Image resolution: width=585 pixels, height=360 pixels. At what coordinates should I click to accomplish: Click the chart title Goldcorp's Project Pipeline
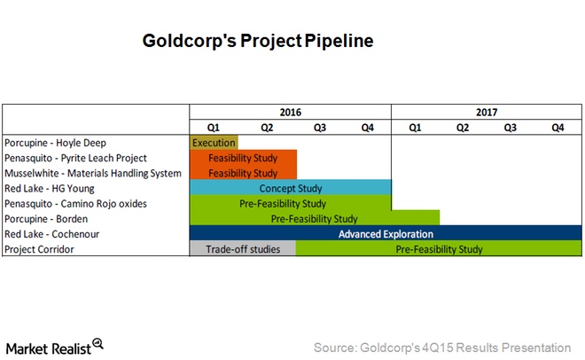point(258,41)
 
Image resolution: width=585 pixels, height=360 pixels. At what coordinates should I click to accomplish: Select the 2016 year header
point(290,113)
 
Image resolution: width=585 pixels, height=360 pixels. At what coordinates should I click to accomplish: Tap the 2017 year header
point(487,113)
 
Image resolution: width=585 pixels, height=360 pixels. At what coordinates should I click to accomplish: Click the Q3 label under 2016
point(320,128)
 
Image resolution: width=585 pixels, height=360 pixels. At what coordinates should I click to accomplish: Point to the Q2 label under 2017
point(463,128)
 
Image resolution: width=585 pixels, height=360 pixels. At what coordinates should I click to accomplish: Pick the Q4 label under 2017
point(558,128)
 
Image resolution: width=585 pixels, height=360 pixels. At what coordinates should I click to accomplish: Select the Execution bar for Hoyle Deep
point(214,143)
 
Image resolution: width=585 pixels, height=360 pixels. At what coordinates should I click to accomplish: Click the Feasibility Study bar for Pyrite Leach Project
point(243,158)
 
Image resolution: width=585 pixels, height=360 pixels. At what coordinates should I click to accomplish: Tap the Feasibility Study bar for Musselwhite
point(243,172)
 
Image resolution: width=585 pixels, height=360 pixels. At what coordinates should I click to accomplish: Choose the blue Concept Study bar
point(291,187)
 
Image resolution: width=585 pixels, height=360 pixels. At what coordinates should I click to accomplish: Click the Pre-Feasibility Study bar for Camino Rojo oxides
point(291,202)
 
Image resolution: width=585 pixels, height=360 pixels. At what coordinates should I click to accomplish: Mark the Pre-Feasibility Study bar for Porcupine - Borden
point(315,218)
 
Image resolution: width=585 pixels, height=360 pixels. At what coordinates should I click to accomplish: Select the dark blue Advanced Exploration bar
point(386,233)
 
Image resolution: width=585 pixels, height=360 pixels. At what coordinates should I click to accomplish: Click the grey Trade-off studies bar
point(243,248)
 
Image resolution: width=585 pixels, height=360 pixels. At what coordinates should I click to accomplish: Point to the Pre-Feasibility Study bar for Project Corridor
point(439,248)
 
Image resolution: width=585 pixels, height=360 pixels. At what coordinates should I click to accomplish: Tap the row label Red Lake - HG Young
point(50,188)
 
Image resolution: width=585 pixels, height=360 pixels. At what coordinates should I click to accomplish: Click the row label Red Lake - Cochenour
point(52,234)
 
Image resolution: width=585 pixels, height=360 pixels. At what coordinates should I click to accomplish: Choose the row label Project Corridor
point(39,249)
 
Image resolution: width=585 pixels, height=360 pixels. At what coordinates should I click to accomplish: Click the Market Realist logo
point(54,348)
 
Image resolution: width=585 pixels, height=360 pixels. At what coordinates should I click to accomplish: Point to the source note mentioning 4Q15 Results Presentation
point(442,348)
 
